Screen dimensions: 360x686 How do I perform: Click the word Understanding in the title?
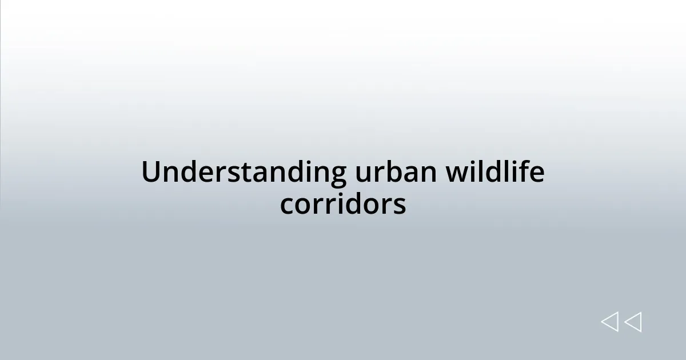tap(244, 173)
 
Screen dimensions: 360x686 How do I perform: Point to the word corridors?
tap(343, 204)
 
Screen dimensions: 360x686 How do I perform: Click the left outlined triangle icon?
tap(609, 322)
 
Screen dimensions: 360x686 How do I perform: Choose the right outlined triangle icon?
tap(633, 322)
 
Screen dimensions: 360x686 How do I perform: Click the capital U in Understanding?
tap(151, 173)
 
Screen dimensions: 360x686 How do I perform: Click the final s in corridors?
tap(400, 206)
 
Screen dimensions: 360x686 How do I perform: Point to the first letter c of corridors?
tap(286, 206)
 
